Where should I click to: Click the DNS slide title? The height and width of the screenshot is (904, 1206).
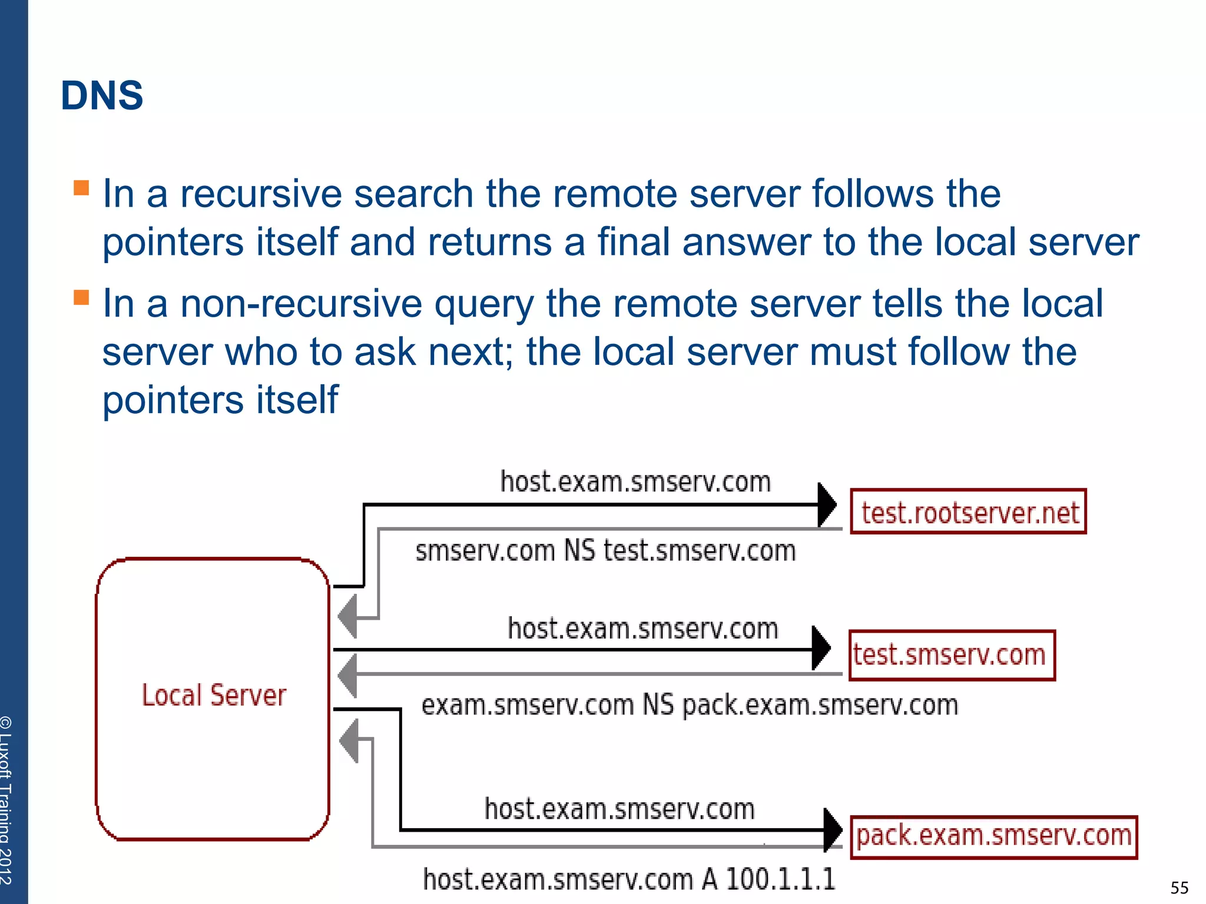pos(102,96)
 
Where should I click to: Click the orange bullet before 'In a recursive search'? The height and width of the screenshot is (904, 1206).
pos(81,188)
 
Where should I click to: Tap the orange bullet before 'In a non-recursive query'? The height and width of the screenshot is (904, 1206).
pos(81,297)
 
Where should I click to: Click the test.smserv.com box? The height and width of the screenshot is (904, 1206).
pos(951,655)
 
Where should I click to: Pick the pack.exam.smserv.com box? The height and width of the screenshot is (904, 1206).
pos(993,836)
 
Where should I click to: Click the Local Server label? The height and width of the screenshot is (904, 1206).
pos(213,696)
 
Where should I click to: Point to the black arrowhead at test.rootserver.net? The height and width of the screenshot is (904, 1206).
pos(827,505)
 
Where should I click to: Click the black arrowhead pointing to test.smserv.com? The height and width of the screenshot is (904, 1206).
pos(821,649)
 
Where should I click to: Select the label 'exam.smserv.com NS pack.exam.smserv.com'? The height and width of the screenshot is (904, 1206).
pos(689,705)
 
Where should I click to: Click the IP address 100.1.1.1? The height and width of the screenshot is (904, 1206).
pos(780,879)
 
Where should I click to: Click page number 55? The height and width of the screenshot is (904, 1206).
pos(1179,888)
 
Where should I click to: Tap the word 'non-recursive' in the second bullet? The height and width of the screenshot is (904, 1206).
pos(300,304)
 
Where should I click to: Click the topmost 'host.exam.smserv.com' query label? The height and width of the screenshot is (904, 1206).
pos(635,482)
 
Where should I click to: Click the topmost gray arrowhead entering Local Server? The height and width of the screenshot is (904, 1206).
pos(348,617)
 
